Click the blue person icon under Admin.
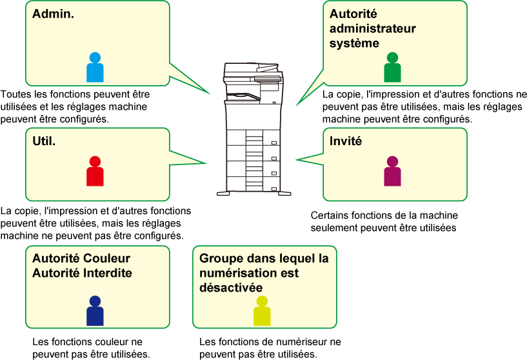point(95,68)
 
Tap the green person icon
point(392,68)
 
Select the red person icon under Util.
point(95,172)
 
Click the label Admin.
point(54,13)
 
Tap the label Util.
point(44,140)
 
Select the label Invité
point(346,140)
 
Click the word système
point(354,43)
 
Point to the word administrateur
point(372,28)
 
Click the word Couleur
point(106,259)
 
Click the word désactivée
point(231,287)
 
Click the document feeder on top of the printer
point(252,68)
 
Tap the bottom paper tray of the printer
point(253,184)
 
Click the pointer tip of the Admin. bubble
point(211,94)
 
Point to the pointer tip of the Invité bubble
point(295,159)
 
